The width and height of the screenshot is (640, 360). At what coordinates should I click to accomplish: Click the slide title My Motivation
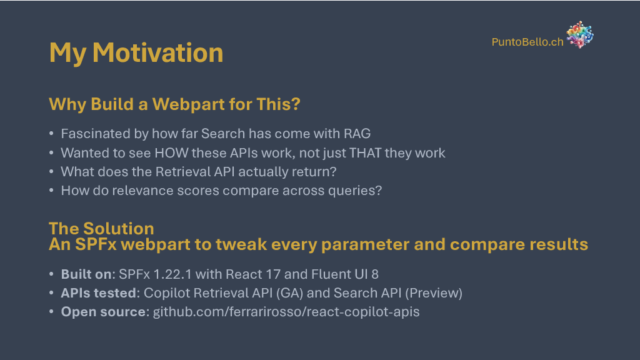(x=136, y=53)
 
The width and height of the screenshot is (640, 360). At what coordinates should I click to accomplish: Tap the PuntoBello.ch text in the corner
(x=527, y=42)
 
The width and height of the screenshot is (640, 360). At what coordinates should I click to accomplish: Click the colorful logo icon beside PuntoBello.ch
(x=579, y=35)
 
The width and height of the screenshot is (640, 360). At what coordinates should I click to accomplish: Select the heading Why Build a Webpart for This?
(x=174, y=104)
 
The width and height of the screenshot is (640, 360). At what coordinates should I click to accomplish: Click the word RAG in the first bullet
(x=357, y=134)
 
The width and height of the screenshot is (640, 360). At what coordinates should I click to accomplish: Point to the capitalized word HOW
(x=171, y=152)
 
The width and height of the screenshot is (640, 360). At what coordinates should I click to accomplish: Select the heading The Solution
(x=101, y=228)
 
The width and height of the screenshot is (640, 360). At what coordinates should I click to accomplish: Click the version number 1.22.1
(x=172, y=274)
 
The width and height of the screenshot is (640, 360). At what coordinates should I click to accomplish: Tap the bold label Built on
(x=86, y=274)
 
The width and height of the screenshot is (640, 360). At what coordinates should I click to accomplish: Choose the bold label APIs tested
(x=99, y=293)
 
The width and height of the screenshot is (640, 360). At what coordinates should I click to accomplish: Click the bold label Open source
(x=103, y=312)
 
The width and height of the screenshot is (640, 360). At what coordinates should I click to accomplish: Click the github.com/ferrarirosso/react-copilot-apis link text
(x=286, y=312)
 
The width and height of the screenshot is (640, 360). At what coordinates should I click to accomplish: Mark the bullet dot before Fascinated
(x=51, y=134)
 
